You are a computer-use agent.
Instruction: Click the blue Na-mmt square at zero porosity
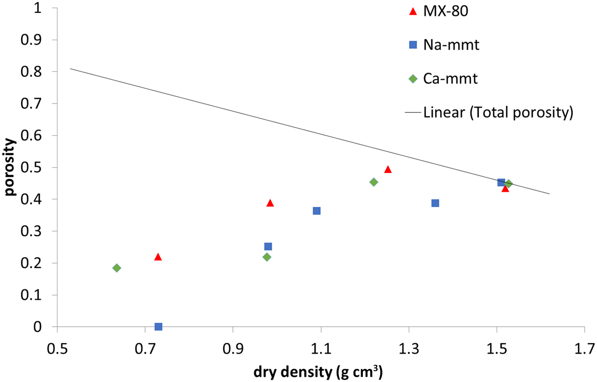pos(158,327)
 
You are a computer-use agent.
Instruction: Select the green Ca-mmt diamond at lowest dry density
pos(116,268)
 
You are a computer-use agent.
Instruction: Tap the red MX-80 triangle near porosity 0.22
pos(158,257)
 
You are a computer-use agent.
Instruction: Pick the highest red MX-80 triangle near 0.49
pos(388,170)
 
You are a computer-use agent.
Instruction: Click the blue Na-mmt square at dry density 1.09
pos(316,211)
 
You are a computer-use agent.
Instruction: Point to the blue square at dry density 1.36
pos(435,203)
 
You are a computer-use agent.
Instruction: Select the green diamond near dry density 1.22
pos(374,182)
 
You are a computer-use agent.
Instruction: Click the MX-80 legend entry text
pos(446,12)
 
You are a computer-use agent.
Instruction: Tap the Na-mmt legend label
pos(451,45)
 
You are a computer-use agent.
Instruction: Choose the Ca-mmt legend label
pos(450,78)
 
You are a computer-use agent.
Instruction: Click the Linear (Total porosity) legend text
pos(498,113)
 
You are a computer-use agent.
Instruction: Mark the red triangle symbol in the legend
pos(412,12)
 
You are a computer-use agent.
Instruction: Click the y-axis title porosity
pos(10,167)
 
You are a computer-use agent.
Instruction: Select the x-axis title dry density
pos(318,373)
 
